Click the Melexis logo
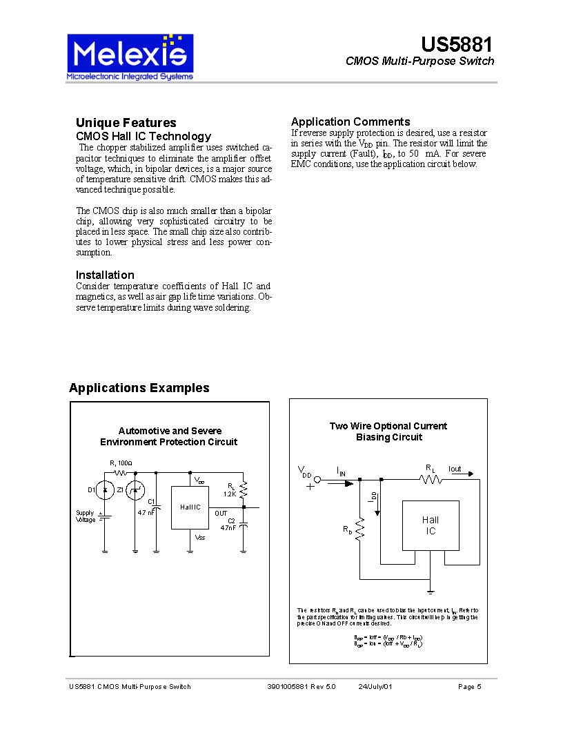129,56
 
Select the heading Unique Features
126,123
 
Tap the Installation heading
105,275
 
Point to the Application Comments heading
350,121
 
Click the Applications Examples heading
139,388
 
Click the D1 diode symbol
104,490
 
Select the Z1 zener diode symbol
136,490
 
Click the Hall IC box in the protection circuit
190,507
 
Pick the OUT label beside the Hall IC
221,514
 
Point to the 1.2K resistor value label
230,494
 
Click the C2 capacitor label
231,520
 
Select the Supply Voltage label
86,516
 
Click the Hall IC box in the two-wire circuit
431,525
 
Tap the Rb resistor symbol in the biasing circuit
359,528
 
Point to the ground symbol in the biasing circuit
431,591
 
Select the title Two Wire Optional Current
388,426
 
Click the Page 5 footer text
469,686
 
